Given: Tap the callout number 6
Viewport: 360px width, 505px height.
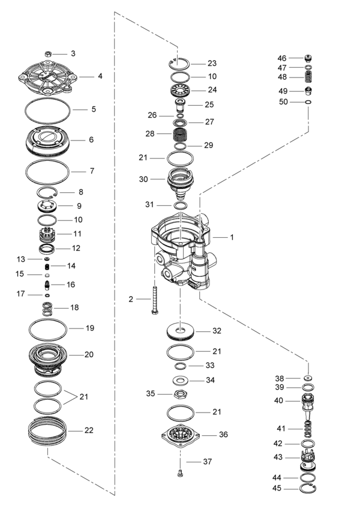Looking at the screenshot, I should pos(91,139).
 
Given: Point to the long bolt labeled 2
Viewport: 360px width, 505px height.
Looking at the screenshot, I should pos(155,300).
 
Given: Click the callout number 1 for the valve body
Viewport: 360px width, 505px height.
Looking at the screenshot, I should pos(232,237).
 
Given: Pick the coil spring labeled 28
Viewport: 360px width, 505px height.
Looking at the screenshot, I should pos(180,133).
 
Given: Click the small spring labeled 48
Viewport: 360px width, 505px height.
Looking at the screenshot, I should pos(308,77).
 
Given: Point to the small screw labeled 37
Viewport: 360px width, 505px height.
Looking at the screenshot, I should pos(180,473).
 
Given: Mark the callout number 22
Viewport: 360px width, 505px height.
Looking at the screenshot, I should pos(89,431).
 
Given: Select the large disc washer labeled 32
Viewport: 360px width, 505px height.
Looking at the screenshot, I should pos(180,331).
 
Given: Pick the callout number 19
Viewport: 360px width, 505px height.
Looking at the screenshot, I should pos(90,328).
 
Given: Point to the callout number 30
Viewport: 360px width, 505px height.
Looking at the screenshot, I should pos(143,179).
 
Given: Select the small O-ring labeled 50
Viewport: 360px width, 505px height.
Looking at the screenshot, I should pos(308,103).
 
